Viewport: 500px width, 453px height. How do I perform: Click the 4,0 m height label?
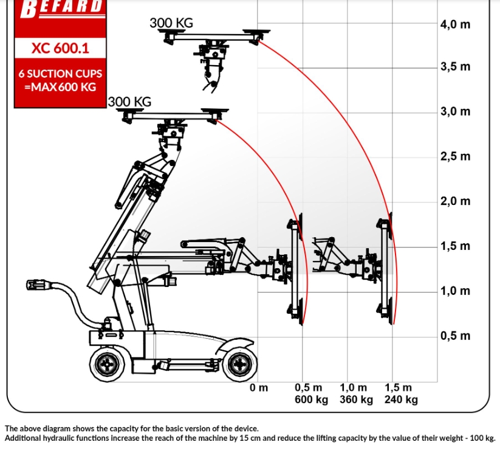click(x=455, y=24)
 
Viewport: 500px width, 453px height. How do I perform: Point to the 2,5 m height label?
click(x=455, y=156)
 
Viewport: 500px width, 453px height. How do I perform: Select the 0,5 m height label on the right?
click(x=455, y=336)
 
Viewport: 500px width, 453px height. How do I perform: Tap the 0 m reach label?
click(x=259, y=387)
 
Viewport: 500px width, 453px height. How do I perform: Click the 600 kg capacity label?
click(x=311, y=399)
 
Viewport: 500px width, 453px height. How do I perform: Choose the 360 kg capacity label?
click(x=356, y=399)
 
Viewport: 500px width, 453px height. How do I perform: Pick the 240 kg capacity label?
click(x=401, y=399)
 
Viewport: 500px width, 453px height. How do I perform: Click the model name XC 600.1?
click(x=60, y=48)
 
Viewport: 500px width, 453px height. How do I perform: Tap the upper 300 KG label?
click(x=171, y=23)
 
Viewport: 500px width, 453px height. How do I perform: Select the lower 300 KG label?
click(x=129, y=102)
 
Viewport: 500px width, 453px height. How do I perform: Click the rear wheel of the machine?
click(x=108, y=364)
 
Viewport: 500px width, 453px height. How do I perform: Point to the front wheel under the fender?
click(x=240, y=364)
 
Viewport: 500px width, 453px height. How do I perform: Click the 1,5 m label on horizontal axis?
click(x=399, y=387)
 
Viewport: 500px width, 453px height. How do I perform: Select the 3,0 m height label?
click(x=455, y=112)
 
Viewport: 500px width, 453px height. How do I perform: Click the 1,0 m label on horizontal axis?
click(x=354, y=387)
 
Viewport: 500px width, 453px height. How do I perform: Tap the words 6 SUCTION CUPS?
click(x=60, y=74)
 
